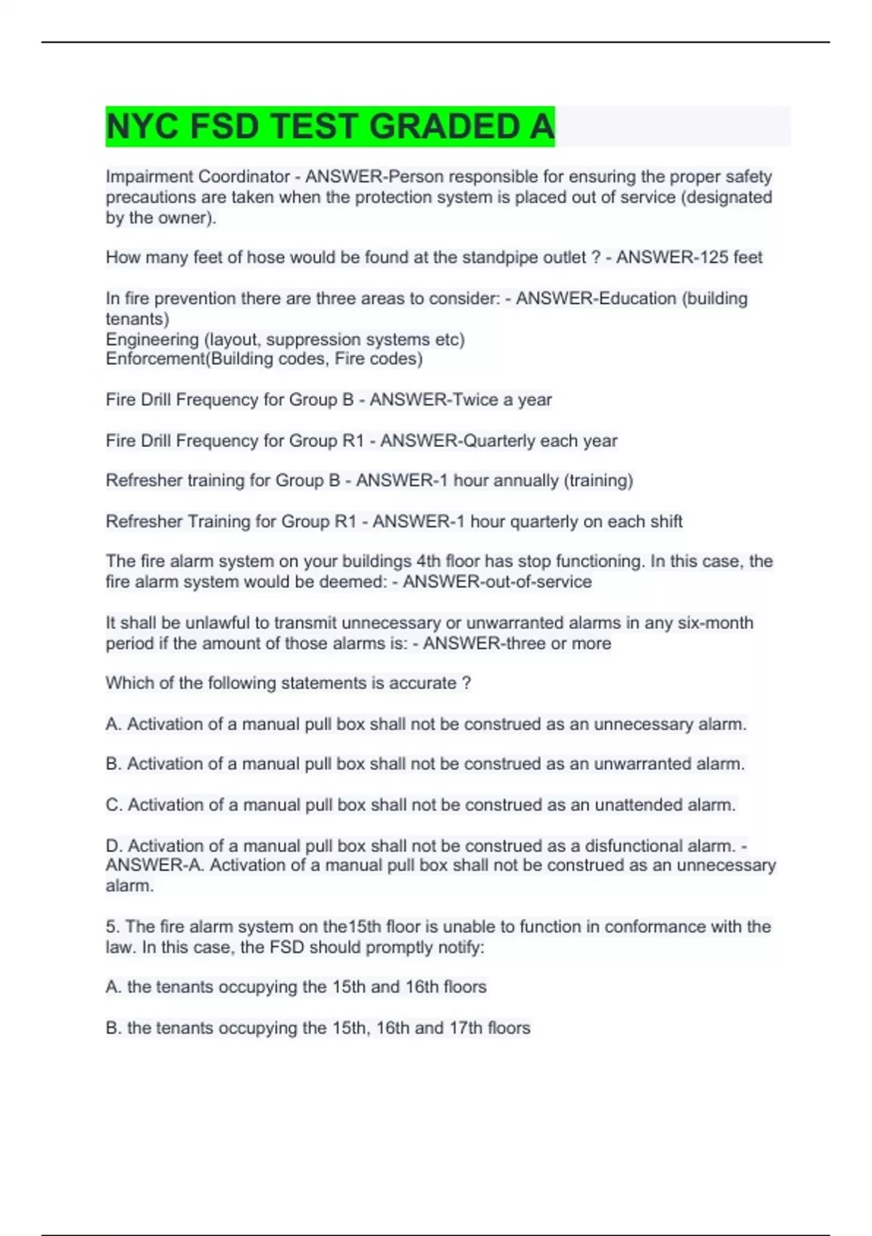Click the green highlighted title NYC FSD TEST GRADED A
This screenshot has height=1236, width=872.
[330, 127]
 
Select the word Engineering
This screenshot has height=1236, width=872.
[152, 340]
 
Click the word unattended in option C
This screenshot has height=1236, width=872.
[642, 805]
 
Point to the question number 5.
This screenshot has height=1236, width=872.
[111, 927]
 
